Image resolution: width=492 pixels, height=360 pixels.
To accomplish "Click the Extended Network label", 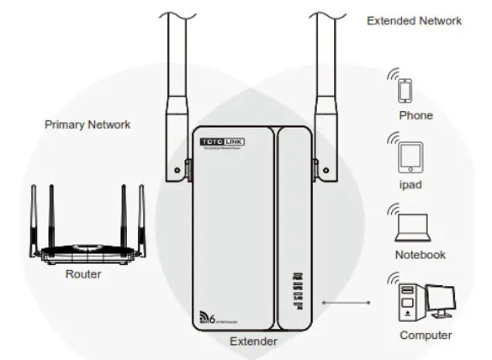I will click(x=414, y=21).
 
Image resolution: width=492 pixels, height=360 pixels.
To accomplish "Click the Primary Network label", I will click(x=87, y=124).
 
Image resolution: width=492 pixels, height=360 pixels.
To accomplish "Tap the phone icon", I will click(x=407, y=90).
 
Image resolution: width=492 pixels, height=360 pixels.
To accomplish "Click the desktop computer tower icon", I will click(x=409, y=299).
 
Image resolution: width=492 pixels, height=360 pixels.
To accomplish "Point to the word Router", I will click(x=83, y=274).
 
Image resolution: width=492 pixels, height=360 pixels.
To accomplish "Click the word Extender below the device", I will click(x=253, y=341).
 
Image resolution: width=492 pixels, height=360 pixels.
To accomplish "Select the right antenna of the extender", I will click(x=324, y=84).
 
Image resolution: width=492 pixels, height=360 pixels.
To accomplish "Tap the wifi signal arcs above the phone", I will click(x=394, y=74).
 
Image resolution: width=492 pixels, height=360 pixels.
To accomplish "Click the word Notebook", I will click(x=420, y=255).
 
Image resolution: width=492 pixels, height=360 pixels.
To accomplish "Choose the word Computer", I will click(x=425, y=335).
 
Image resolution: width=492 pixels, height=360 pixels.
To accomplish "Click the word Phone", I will click(x=415, y=115).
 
